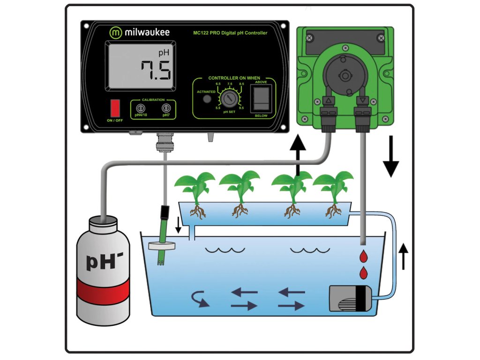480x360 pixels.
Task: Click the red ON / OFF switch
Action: [115, 108]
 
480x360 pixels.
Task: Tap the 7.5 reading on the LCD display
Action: [156, 71]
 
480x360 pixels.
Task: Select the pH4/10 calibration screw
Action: [141, 108]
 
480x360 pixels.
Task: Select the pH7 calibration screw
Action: [166, 108]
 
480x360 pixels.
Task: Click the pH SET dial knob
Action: [229, 98]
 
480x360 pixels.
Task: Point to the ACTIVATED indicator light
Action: [207, 99]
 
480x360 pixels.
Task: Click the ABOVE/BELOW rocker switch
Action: [261, 98]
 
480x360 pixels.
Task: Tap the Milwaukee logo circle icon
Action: [116, 32]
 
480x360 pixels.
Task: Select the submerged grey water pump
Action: [350, 299]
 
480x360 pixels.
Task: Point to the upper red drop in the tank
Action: [363, 256]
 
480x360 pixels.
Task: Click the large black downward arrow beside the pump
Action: [391, 157]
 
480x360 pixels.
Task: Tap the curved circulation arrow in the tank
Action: [200, 299]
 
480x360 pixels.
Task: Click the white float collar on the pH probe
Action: [162, 246]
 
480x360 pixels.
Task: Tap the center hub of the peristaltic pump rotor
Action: [345, 75]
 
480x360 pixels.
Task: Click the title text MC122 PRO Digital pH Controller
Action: [230, 33]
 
